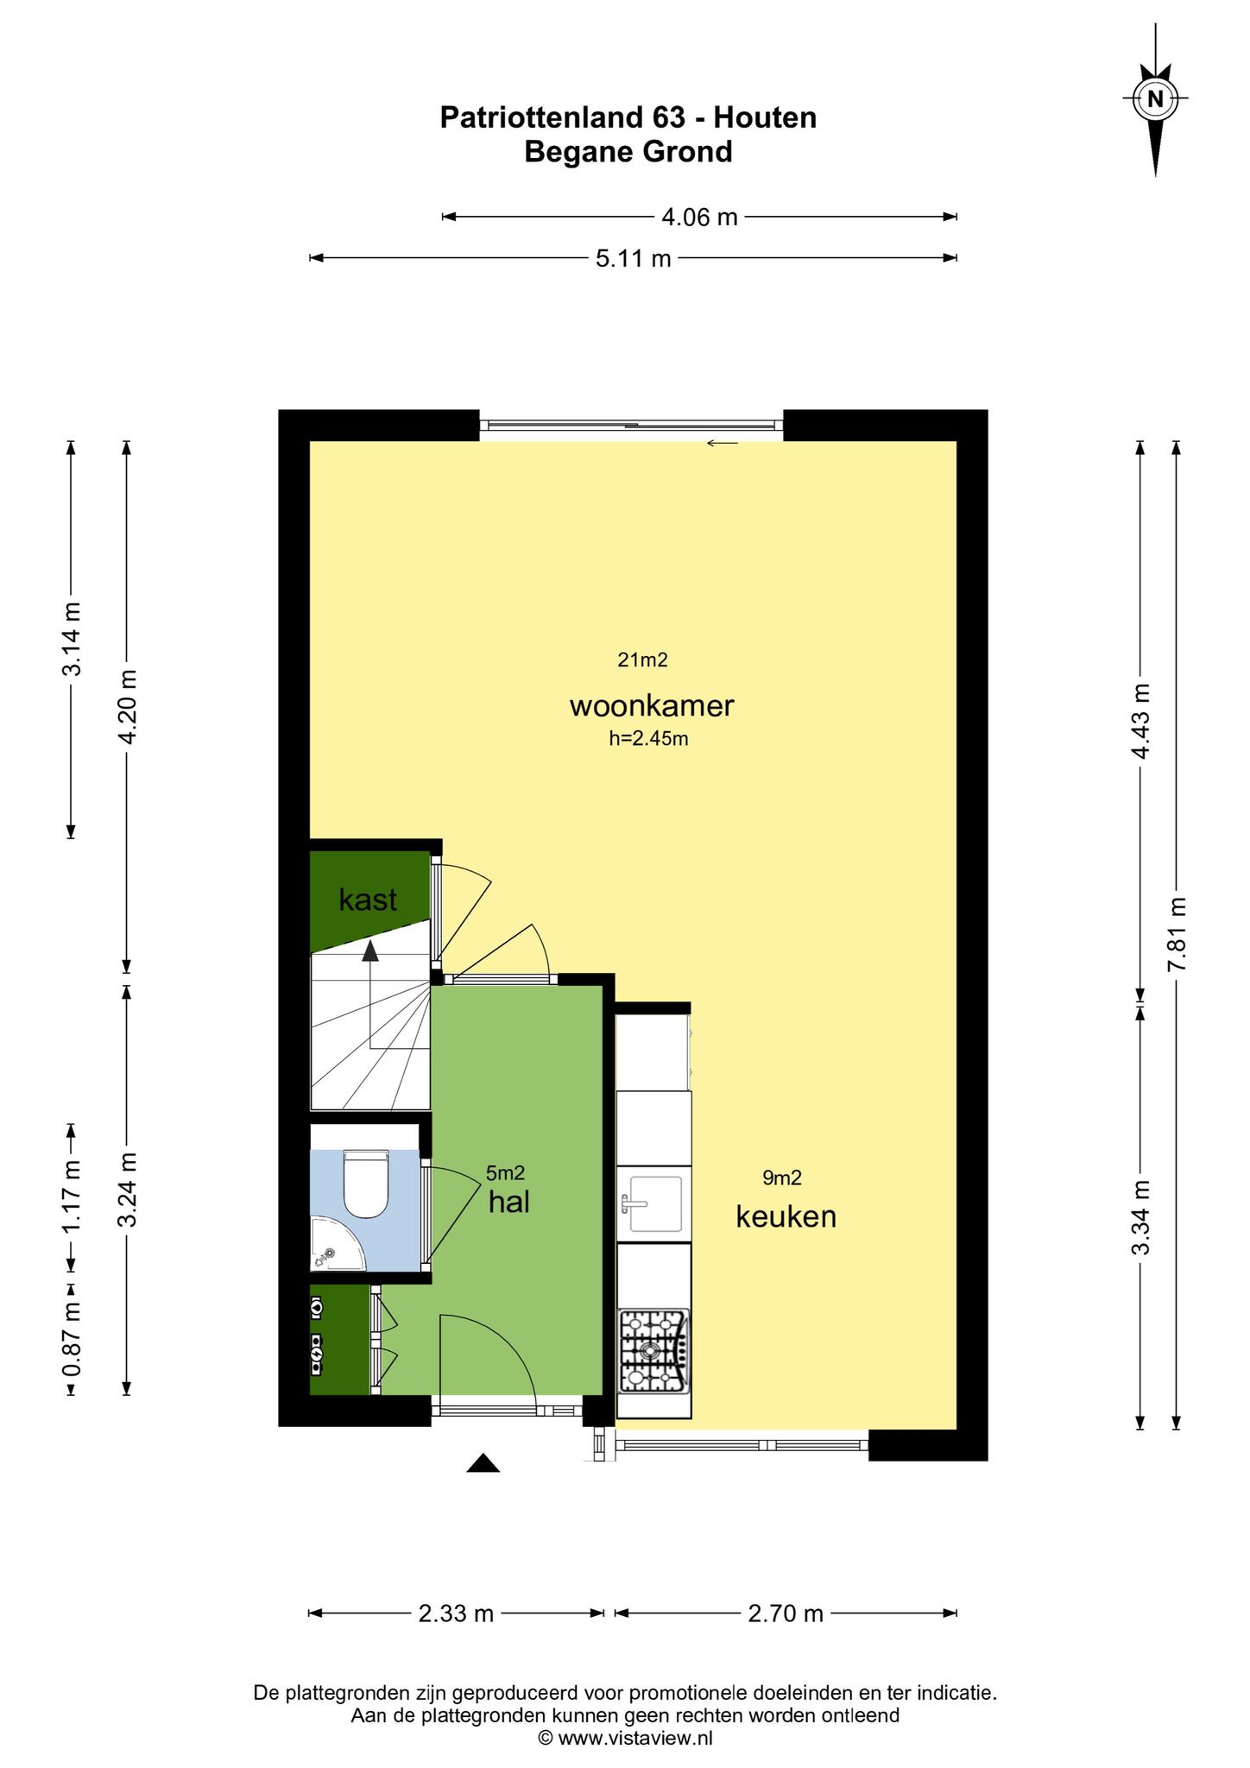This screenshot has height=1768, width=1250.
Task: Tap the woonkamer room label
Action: (x=652, y=705)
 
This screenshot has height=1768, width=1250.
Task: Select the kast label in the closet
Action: (x=368, y=900)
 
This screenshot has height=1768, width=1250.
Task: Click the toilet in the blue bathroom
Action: (x=366, y=1184)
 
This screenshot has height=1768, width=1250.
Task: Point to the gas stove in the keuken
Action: (x=654, y=1351)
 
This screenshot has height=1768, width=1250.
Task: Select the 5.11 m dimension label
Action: (x=634, y=258)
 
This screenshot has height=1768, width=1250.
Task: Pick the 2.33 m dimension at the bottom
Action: (x=456, y=1613)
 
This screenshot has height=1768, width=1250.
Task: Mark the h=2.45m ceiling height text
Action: (x=648, y=738)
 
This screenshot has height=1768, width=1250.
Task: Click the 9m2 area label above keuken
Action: (x=782, y=1178)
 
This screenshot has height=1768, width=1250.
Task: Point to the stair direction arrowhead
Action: (x=370, y=950)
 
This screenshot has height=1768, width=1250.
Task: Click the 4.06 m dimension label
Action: (x=699, y=217)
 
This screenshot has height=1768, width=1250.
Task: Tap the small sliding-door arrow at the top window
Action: (x=723, y=444)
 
